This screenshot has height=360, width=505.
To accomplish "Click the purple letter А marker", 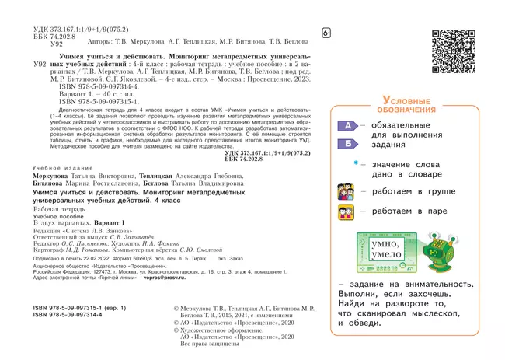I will tap(348, 125).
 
